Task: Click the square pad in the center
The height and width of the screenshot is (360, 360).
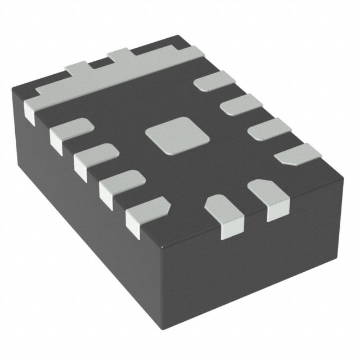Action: coord(175,135)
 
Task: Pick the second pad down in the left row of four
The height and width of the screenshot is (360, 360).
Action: coord(96,155)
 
